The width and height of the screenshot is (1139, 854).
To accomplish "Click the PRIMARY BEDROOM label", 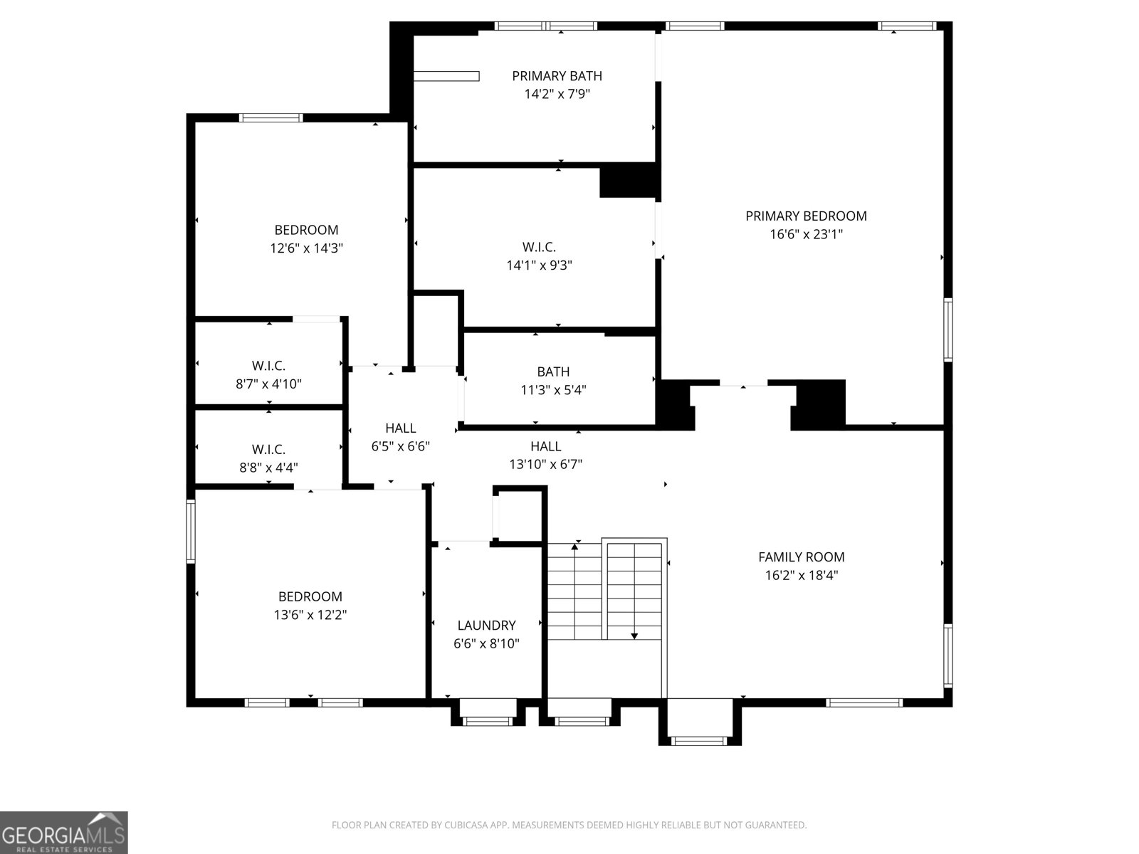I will (x=806, y=216).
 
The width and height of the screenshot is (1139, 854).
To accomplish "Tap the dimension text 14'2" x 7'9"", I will (x=557, y=94).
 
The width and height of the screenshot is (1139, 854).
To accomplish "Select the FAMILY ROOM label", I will (x=801, y=557).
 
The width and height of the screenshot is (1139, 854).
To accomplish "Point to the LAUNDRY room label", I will (x=486, y=626).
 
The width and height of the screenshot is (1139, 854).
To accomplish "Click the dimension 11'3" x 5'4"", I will (x=553, y=390).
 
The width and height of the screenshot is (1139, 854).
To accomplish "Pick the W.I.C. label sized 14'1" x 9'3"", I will (x=539, y=247).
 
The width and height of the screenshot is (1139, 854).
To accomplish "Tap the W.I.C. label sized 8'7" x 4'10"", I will (x=268, y=366).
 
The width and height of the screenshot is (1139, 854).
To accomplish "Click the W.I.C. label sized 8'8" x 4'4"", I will (x=268, y=450).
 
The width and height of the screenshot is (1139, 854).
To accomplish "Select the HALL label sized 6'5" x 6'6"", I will (x=400, y=428).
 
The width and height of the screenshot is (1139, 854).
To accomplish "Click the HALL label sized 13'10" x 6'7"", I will (x=545, y=446).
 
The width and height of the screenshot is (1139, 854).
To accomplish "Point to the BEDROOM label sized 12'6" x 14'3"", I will (x=306, y=230).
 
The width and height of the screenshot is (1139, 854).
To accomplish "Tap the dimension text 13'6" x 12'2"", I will (x=310, y=615).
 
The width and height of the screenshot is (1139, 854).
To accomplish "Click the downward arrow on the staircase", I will (x=634, y=635).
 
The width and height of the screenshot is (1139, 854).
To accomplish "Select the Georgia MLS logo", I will (x=63, y=832).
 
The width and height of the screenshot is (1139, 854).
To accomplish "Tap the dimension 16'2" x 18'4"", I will (x=801, y=576).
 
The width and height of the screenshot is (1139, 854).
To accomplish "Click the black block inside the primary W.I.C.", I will (x=628, y=181).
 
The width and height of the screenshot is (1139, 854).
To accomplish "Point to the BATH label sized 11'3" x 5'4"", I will (x=553, y=371).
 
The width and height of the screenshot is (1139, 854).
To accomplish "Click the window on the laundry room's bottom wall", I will (x=488, y=721).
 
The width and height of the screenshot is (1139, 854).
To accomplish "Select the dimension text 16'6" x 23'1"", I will (x=806, y=234).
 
